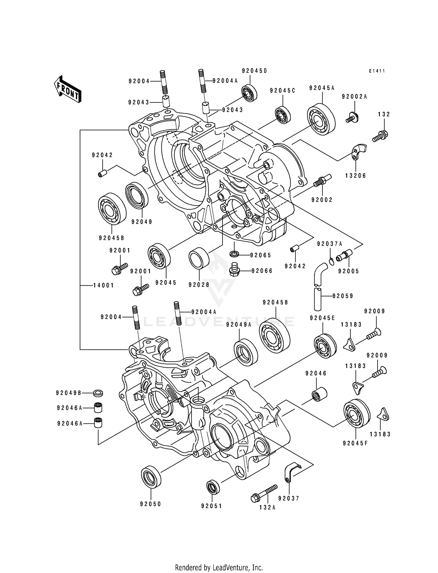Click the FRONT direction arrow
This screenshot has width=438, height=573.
click(67, 89)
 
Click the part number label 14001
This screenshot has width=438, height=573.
click(103, 285)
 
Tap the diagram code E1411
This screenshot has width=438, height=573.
click(377, 71)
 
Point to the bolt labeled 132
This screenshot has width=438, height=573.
click(380, 136)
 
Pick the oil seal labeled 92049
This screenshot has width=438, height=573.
click(137, 195)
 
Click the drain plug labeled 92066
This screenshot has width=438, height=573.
click(234, 270)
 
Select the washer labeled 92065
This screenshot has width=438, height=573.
click(234, 253)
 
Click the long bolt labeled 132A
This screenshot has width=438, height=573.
click(264, 493)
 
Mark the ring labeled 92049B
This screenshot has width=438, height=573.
click(98, 393)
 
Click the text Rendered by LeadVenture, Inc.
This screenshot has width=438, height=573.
click(219, 567)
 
